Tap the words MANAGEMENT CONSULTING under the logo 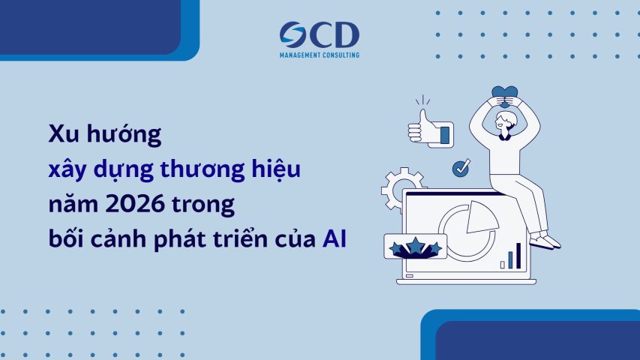click(x=319, y=55)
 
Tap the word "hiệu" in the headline click(x=275, y=170)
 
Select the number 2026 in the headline click(x=139, y=205)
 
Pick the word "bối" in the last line click(x=64, y=241)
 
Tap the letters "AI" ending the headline click(x=329, y=241)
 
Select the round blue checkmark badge click(x=461, y=168)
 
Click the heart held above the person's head click(x=502, y=95)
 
